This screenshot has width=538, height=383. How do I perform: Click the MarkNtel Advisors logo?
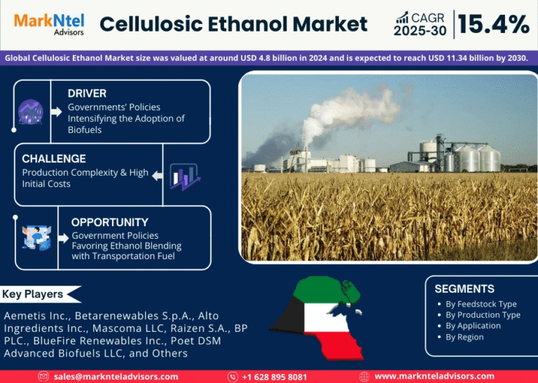[x=49, y=24]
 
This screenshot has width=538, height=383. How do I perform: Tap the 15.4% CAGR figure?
[x=494, y=25]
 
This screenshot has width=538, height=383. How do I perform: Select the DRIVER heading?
[x=87, y=93]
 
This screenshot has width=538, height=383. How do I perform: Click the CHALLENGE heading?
[x=54, y=159]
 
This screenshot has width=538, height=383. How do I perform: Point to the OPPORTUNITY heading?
[x=110, y=222]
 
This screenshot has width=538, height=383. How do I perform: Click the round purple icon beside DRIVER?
[x=31, y=112]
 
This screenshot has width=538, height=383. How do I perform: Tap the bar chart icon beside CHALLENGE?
[x=185, y=176]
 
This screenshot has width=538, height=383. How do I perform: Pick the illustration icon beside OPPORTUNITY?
[x=36, y=237]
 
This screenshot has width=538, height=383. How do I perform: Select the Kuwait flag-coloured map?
[x=317, y=317]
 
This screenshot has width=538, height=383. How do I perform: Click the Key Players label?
[x=33, y=294]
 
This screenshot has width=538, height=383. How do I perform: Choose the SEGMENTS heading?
[x=464, y=288]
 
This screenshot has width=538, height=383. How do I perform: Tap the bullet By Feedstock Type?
[x=481, y=304]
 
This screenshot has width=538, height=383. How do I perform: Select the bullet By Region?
[x=464, y=337]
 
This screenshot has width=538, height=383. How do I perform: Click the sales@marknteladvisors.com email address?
[x=116, y=377]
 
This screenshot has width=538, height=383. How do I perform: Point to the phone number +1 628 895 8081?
[x=275, y=377]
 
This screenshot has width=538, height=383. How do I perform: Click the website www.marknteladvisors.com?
[x=434, y=377]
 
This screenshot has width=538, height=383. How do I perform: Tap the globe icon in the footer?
[x=364, y=377]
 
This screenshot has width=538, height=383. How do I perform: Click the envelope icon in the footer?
[x=43, y=377]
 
